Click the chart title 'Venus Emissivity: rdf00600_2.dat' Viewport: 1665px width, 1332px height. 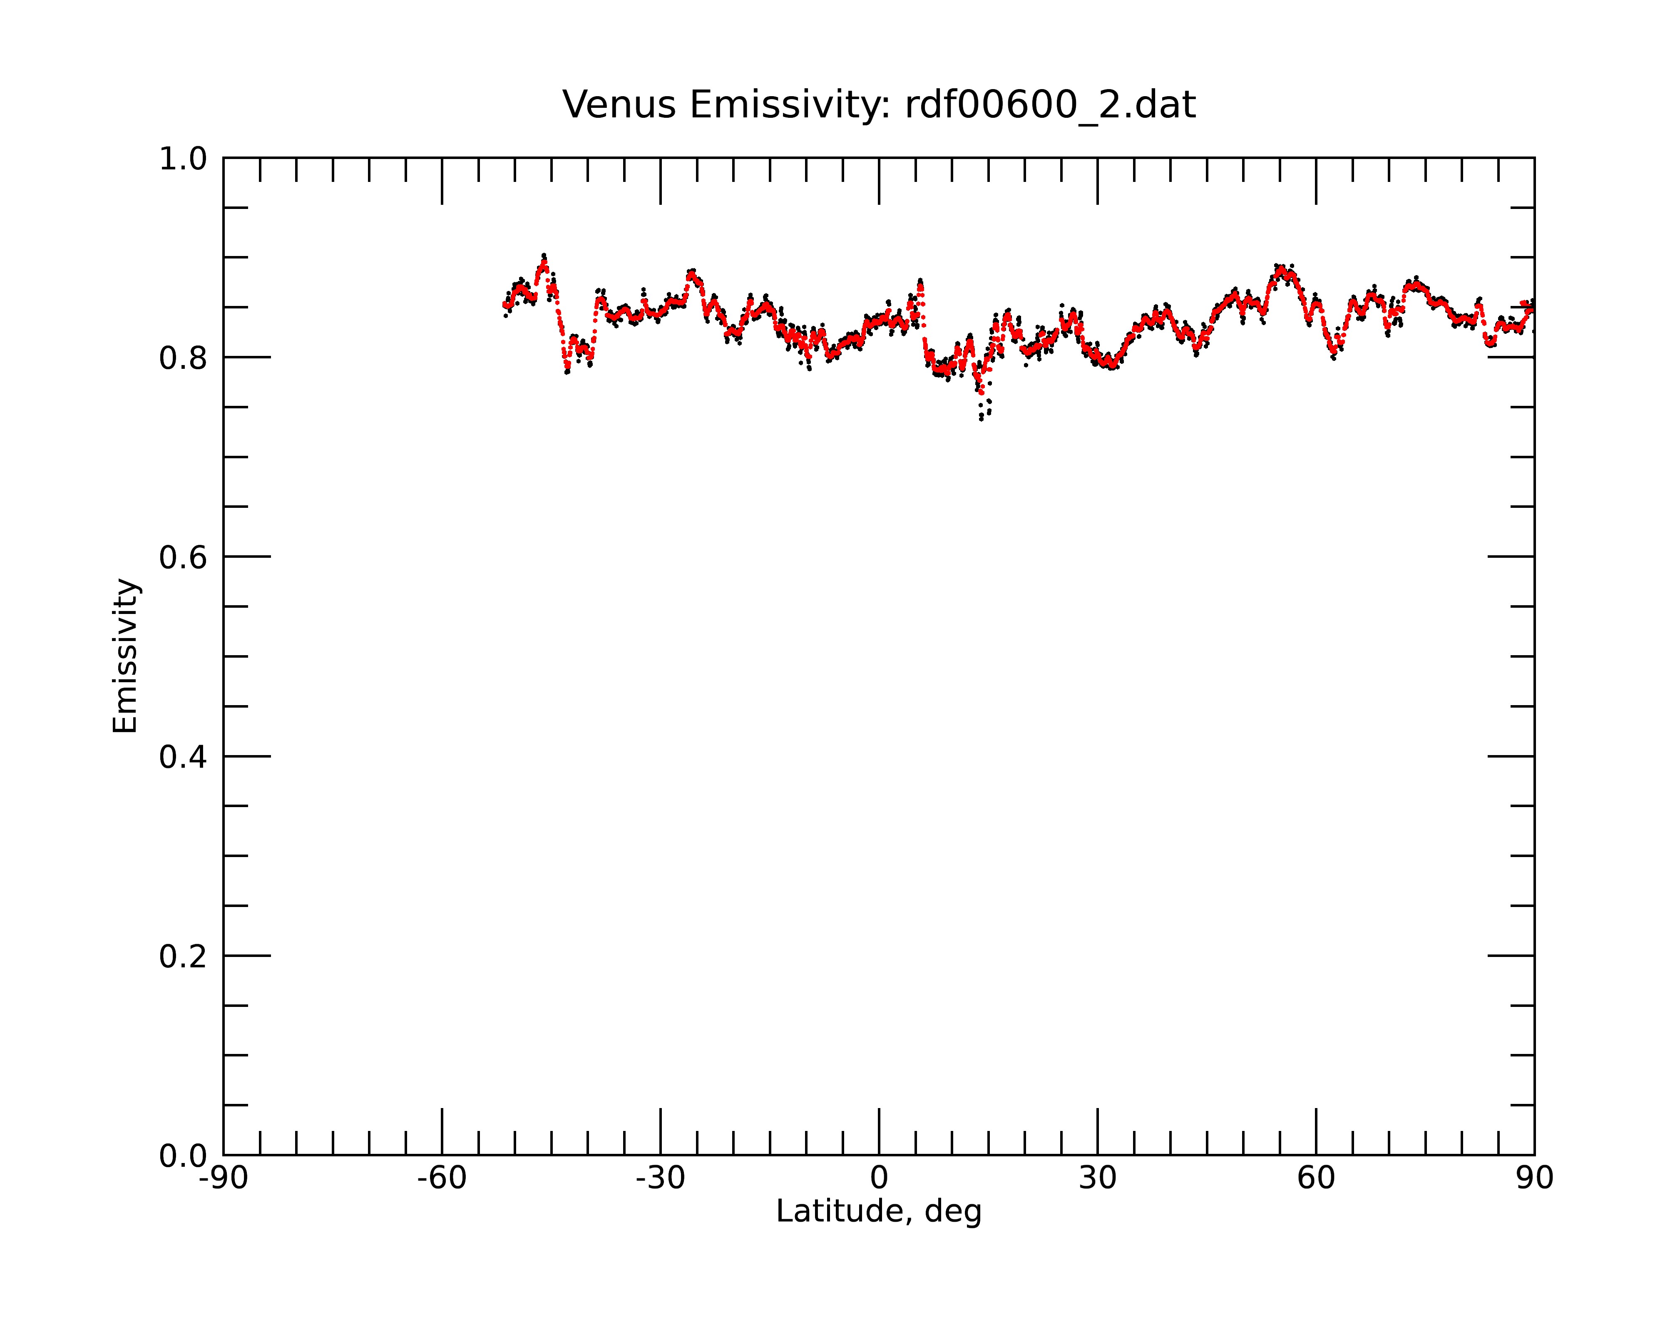coord(879,105)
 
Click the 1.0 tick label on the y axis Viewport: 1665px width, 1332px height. coord(183,160)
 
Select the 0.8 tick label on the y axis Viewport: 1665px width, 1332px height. coord(183,358)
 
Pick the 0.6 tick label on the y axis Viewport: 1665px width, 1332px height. coord(183,557)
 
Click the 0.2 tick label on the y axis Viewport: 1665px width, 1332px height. coord(183,957)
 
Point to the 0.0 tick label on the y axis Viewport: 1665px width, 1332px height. coord(183,1156)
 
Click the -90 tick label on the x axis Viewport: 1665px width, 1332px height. coord(223,1178)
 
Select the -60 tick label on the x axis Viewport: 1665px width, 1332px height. coord(442,1178)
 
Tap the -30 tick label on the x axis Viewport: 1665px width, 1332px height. coord(660,1178)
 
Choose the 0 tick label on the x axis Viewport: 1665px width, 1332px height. coord(879,1178)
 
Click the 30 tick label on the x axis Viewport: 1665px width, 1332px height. coord(1097,1178)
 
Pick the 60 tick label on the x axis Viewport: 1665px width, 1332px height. coord(1316,1178)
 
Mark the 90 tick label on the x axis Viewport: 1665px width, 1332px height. coord(1534,1178)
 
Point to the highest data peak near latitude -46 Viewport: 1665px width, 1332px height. coord(544,257)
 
